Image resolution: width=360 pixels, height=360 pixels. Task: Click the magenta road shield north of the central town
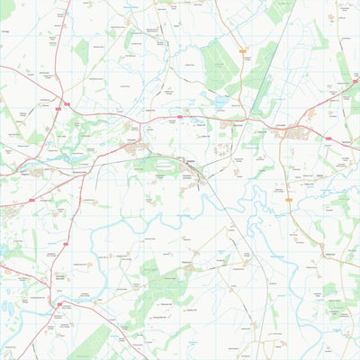pyautogui.click(x=179, y=116)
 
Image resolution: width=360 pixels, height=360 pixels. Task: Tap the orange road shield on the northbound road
pyautogui.click(x=244, y=53)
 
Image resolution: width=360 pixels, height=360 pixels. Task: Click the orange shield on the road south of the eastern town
pyautogui.click(x=288, y=200)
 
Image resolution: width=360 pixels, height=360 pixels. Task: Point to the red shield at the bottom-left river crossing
pyautogui.click(x=59, y=304)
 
